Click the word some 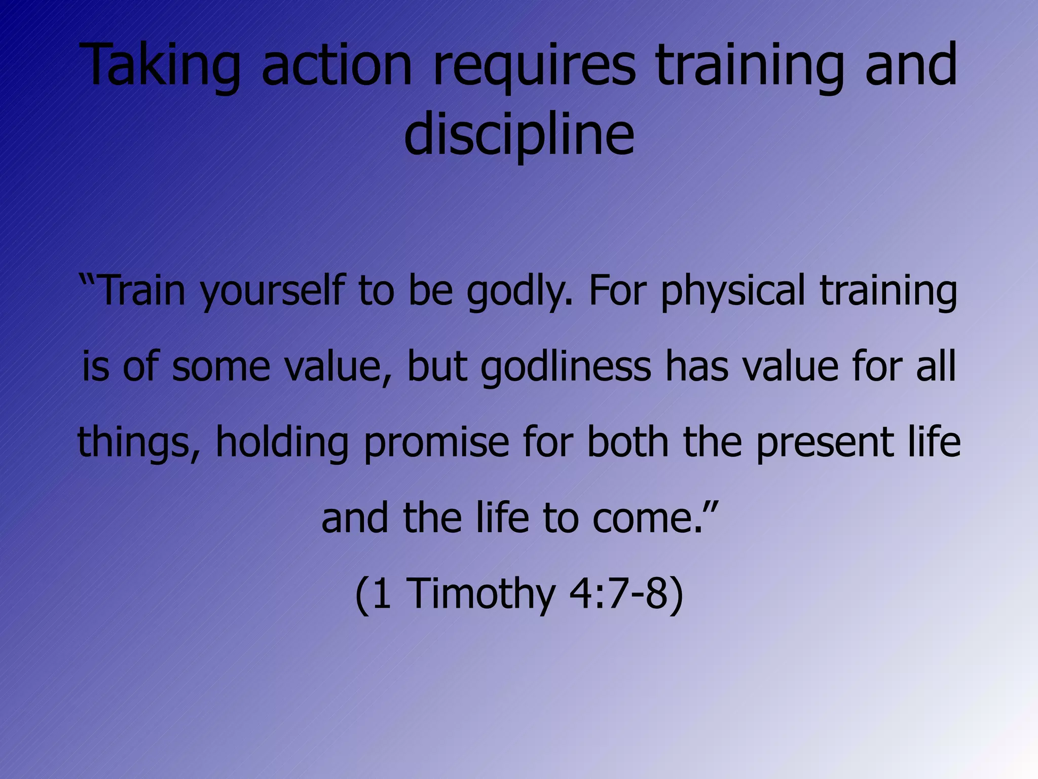221,367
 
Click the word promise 436,442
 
